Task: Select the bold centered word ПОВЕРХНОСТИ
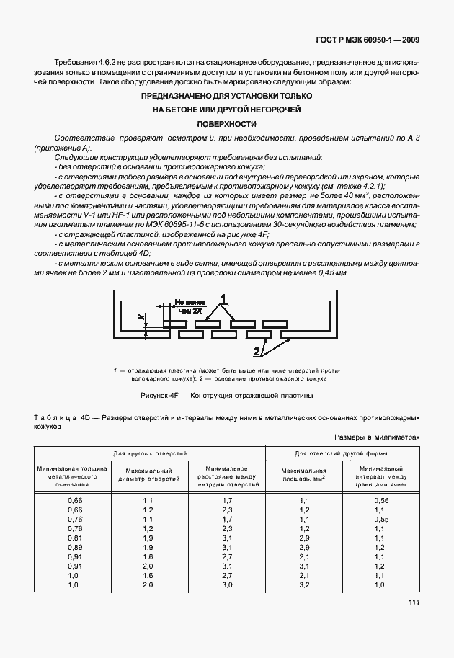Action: point(227,123)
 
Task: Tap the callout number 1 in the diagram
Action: point(224,298)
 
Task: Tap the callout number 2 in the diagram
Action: point(256,352)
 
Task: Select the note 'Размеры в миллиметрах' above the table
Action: point(377,437)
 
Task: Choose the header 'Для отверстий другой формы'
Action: point(342,454)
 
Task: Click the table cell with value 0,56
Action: point(381,499)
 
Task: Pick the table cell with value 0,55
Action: point(381,519)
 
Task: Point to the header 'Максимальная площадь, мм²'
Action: point(303,475)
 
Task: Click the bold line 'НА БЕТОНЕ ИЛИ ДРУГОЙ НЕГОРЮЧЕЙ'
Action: point(227,110)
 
